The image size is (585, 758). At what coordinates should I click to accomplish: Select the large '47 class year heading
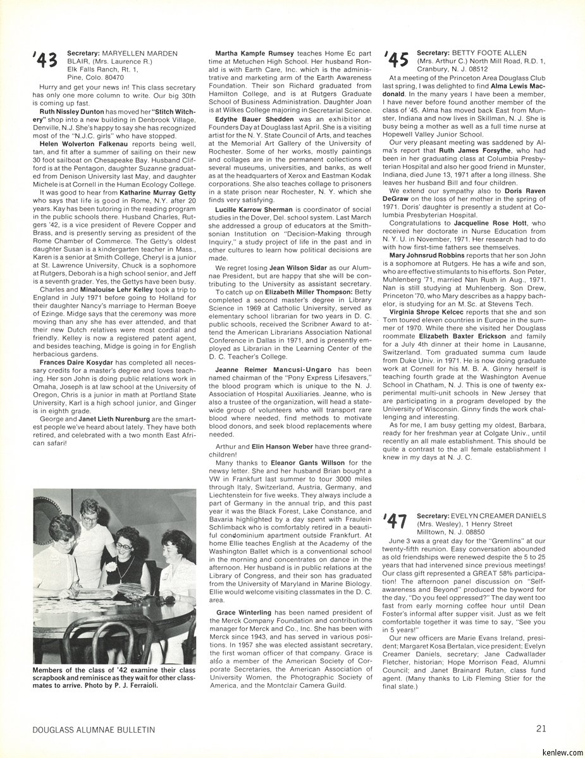pos(396,522)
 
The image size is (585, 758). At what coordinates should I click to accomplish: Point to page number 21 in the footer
pos(541,728)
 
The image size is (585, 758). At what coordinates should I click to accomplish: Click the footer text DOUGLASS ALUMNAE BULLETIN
pos(94,729)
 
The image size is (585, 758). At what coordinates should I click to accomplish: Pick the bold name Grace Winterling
pos(243,612)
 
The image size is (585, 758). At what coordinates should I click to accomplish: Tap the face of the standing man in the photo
pos(90,511)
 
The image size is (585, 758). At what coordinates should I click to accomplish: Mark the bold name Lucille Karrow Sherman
pos(253,209)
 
